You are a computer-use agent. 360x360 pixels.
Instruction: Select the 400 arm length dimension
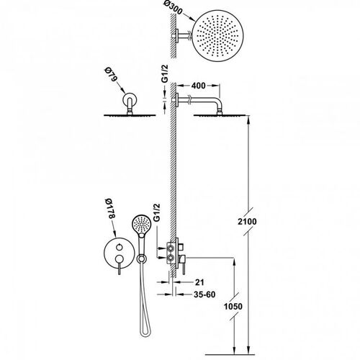point(198,86)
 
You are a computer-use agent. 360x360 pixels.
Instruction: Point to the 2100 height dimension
point(247,221)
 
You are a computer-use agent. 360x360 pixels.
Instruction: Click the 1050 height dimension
point(233,306)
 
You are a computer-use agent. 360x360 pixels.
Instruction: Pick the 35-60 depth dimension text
point(204,294)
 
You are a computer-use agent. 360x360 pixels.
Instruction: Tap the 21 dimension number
point(199,282)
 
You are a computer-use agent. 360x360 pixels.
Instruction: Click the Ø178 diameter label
point(110,208)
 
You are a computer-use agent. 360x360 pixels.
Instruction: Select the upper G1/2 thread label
point(165,73)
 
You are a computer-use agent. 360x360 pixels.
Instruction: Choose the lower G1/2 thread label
point(156,212)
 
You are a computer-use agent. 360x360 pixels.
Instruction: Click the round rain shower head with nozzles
point(218,35)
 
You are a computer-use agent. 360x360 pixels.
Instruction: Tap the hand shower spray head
point(141,225)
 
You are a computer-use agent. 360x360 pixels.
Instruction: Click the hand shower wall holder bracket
point(141,258)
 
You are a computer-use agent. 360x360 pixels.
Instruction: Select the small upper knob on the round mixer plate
point(120,247)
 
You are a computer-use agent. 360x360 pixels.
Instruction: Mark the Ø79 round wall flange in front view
point(130,99)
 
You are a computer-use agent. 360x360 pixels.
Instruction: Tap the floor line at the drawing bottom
point(230,354)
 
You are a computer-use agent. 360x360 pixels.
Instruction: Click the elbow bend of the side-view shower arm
point(219,102)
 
